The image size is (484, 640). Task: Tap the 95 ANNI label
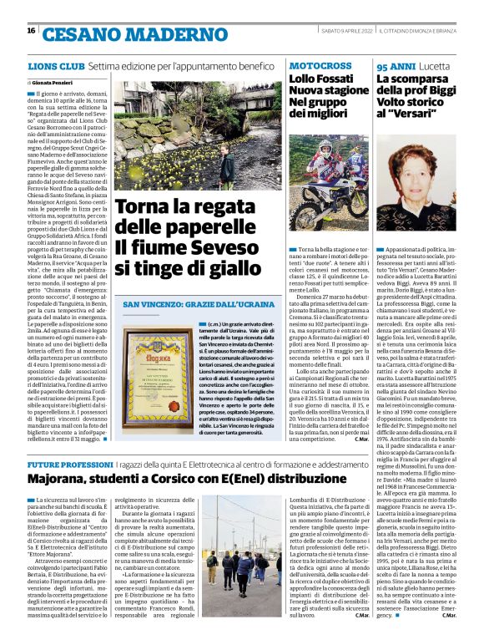pos(392,64)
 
